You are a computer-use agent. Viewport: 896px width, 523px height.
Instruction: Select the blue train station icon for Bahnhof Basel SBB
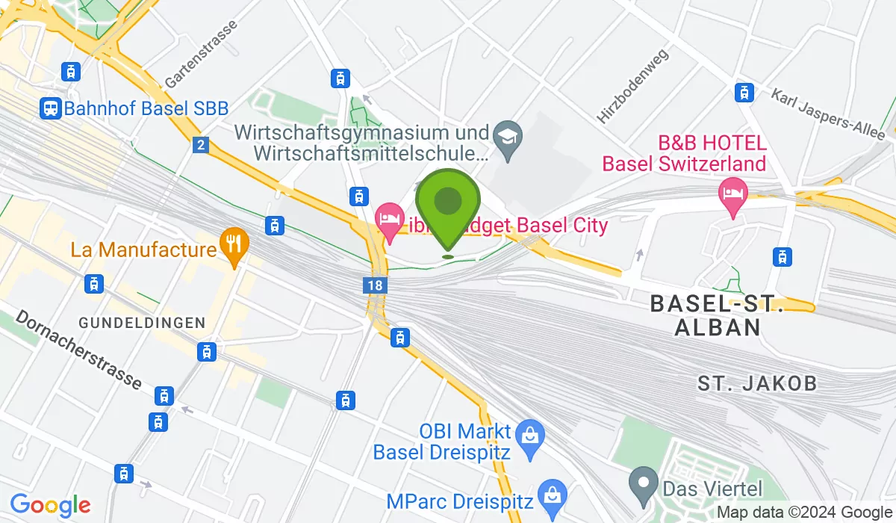click(51, 108)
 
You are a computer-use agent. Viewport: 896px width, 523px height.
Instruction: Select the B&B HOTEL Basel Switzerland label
click(684, 152)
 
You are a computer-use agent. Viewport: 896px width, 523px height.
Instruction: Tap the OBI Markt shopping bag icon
click(529, 433)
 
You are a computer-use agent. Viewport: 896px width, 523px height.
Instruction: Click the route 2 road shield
click(199, 145)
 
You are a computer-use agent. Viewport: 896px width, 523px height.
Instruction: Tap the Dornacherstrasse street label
click(78, 350)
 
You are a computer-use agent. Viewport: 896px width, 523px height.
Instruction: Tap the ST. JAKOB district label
click(757, 384)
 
